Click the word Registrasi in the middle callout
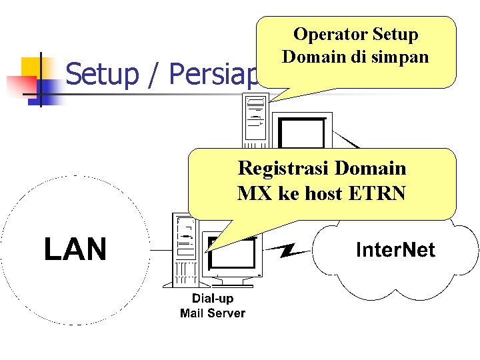coord(285,167)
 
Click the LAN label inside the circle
coord(75,250)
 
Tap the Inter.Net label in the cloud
coord(395,250)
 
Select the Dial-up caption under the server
coord(213,298)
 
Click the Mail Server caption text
coord(213,313)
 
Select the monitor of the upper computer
coord(301,133)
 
